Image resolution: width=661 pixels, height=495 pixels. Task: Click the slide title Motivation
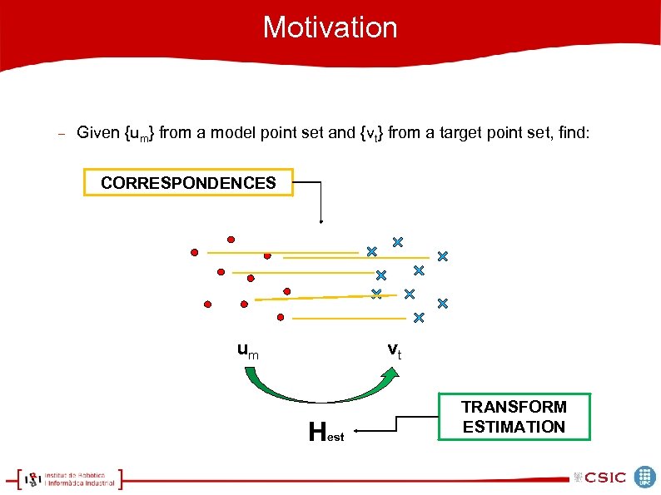330,27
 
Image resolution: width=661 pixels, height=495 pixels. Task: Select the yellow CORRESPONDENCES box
188,182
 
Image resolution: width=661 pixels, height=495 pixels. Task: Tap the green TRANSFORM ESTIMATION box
514,417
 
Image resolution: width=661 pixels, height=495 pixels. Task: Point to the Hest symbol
325,433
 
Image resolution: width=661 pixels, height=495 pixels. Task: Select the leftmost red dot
194,251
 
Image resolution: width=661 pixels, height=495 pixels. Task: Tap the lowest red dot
281,317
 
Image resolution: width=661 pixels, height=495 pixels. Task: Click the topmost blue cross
397,242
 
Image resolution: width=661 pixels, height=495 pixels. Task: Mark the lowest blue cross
419,318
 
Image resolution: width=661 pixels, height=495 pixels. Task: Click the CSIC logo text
605,478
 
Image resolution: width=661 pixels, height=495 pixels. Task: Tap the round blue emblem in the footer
645,477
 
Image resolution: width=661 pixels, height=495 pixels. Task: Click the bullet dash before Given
59,133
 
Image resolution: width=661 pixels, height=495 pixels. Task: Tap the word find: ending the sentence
573,132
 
